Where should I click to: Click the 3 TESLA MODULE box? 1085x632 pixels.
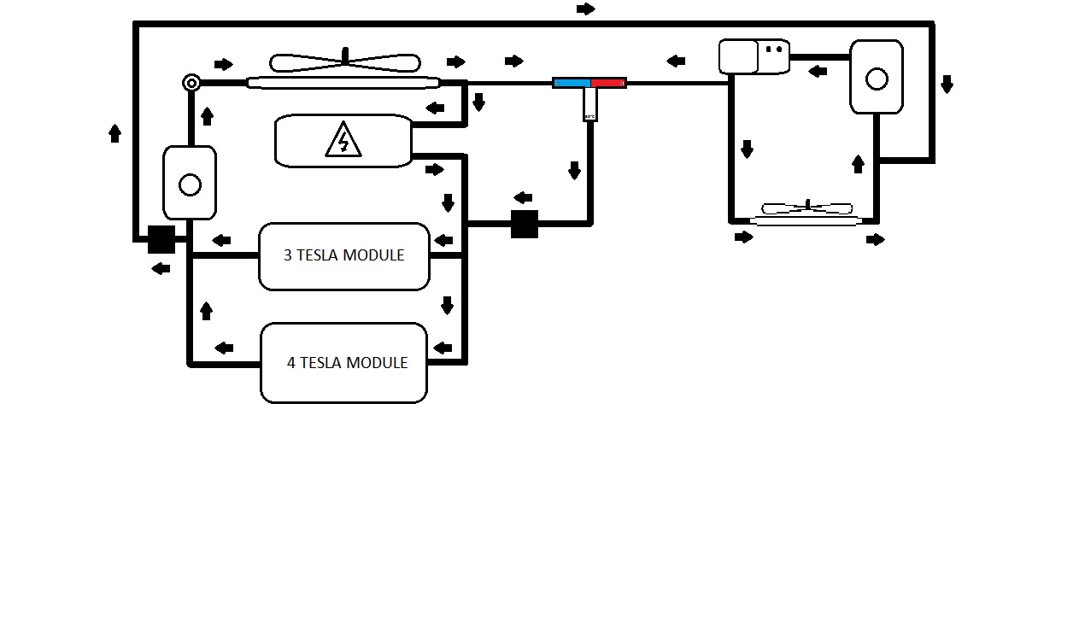[x=343, y=256]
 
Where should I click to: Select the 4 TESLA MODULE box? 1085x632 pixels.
[x=343, y=363]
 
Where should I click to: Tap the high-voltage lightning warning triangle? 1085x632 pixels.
[x=343, y=141]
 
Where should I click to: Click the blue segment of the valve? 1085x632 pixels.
[x=572, y=83]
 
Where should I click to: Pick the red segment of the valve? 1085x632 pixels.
[x=608, y=83]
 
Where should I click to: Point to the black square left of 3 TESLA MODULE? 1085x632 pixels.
[x=161, y=239]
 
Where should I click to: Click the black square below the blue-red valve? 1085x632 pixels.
[x=525, y=224]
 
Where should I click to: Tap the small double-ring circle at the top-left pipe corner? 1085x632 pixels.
[x=191, y=83]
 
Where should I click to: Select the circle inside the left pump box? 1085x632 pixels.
[x=190, y=184]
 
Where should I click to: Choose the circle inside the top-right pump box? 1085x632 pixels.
[x=877, y=79]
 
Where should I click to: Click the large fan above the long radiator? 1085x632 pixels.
[x=345, y=62]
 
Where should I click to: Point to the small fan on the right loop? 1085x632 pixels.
[x=806, y=208]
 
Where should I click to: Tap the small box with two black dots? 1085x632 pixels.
[x=774, y=56]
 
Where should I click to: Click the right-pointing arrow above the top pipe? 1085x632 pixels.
[x=586, y=9]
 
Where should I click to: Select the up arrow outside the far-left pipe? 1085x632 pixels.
[x=115, y=132]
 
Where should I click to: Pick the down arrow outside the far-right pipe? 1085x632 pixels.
[x=947, y=84]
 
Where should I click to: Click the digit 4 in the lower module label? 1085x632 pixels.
[x=291, y=363]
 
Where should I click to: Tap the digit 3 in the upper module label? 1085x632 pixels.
[x=288, y=255]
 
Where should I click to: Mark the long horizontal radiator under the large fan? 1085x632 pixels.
[x=343, y=83]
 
